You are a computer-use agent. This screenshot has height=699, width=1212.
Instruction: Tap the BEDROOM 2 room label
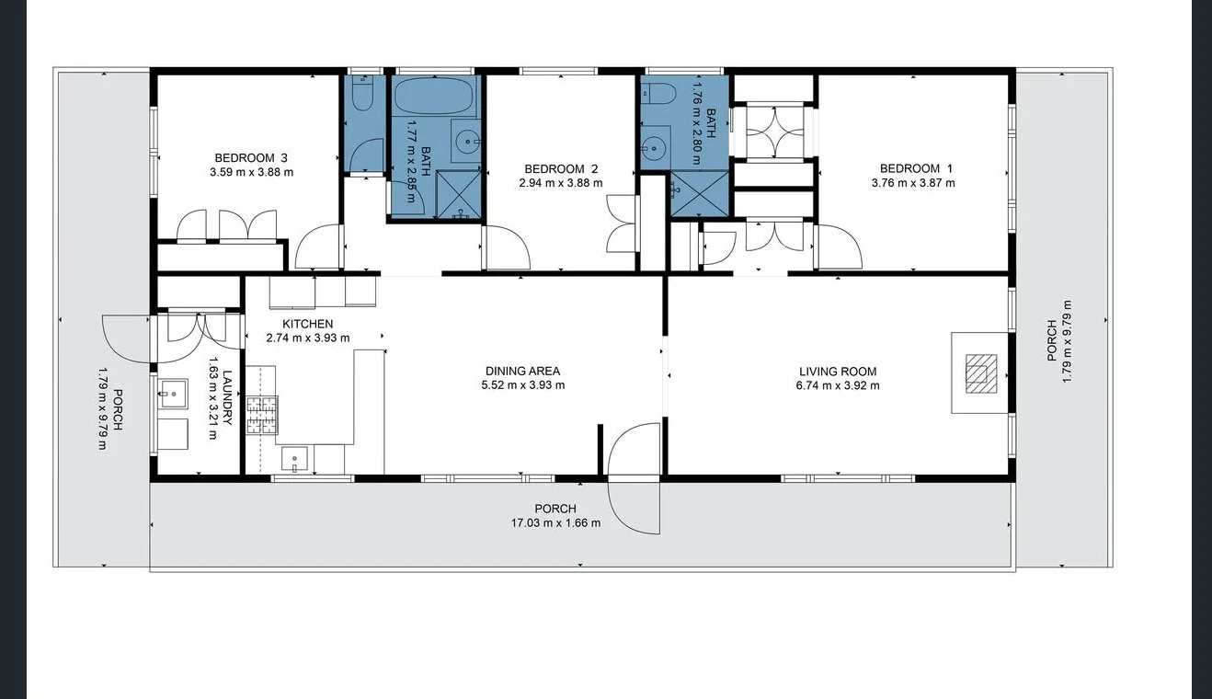[x=561, y=168]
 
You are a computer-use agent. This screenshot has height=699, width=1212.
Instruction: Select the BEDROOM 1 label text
[x=909, y=168]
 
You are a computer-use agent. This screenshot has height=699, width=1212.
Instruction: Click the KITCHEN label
[x=307, y=324]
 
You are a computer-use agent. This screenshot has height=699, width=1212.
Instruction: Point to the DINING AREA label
[x=522, y=372]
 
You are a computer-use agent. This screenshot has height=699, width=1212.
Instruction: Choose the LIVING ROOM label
[x=837, y=372]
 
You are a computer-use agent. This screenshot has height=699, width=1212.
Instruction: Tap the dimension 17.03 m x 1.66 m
[x=555, y=522]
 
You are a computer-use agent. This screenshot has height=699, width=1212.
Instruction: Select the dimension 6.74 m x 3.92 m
[x=837, y=385]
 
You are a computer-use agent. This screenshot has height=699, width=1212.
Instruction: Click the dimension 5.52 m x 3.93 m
[x=522, y=385]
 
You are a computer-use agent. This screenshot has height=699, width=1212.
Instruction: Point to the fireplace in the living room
[x=979, y=372]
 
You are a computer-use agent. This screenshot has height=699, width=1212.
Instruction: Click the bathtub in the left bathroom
[x=436, y=97]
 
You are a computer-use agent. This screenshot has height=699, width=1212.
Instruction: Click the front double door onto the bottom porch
[x=634, y=477]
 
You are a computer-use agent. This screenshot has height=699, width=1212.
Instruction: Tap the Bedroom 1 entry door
[x=839, y=246]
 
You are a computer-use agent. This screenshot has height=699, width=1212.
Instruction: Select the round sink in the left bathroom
[x=469, y=143]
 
